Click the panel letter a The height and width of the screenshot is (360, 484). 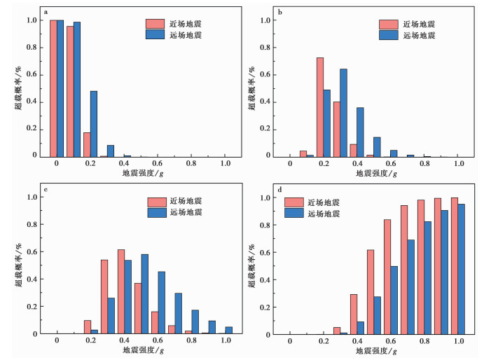point(46,13)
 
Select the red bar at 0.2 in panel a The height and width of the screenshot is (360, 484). point(87,144)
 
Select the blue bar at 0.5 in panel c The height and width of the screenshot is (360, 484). point(144,294)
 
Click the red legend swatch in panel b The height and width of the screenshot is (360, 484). point(387,25)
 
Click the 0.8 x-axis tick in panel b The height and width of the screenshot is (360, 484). point(424,164)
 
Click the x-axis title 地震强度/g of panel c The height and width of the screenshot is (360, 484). point(140,350)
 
